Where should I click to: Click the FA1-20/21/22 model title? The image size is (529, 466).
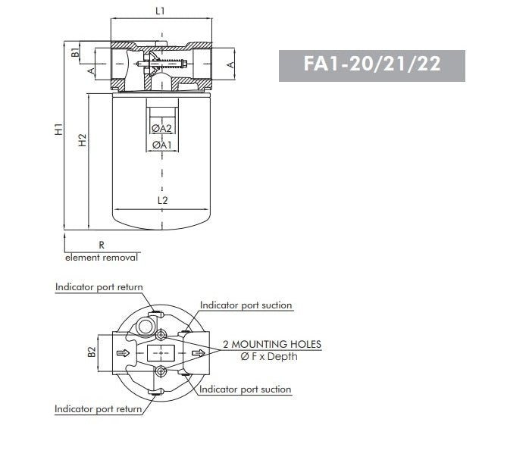tap(371, 63)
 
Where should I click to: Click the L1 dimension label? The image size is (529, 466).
tap(160, 11)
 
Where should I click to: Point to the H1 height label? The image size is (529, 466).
tap(58, 130)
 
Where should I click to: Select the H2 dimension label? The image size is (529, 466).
tap(83, 140)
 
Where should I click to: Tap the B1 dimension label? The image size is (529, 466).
tap(75, 52)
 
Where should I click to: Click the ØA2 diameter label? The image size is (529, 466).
tap(161, 128)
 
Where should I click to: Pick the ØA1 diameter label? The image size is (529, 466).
tap(161, 145)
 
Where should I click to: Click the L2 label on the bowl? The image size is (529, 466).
tap(162, 200)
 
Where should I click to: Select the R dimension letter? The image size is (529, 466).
tap(101, 245)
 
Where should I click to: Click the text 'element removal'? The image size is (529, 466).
tap(102, 258)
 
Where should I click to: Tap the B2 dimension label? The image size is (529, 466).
tap(91, 352)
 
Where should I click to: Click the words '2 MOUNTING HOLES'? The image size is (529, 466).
tap(271, 344)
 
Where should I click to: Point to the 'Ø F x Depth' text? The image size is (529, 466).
tap(269, 356)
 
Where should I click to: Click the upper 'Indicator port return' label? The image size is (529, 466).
tap(99, 287)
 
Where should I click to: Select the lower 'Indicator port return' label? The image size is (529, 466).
tap(99, 409)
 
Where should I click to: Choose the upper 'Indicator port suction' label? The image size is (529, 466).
tap(246, 305)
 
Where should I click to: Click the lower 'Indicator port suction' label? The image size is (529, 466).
tap(245, 389)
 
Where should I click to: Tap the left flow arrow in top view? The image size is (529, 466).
tap(121, 352)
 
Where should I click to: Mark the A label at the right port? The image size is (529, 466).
tap(230, 66)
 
